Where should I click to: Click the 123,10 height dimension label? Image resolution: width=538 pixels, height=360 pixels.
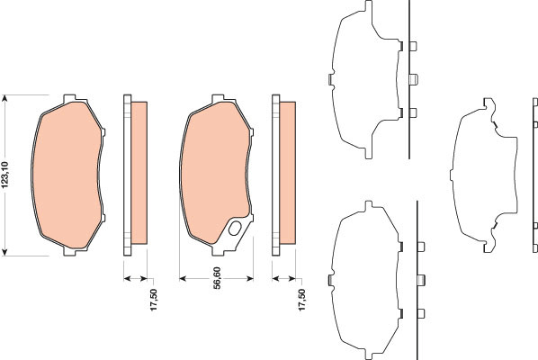[x=6, y=175]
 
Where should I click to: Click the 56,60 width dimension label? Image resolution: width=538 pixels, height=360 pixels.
[x=217, y=278]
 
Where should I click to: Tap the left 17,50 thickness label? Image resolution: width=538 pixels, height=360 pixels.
[x=153, y=300]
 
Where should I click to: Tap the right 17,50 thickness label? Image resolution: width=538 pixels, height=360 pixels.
[x=301, y=300]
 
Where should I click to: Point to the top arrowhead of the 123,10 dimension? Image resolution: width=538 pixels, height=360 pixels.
[x=4, y=98]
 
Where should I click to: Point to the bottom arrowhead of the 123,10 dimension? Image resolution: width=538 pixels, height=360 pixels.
[x=4, y=253]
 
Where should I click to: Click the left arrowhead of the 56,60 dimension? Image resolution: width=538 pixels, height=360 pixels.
[x=183, y=278]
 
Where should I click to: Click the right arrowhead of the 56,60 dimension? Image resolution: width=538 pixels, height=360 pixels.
[x=250, y=278]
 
